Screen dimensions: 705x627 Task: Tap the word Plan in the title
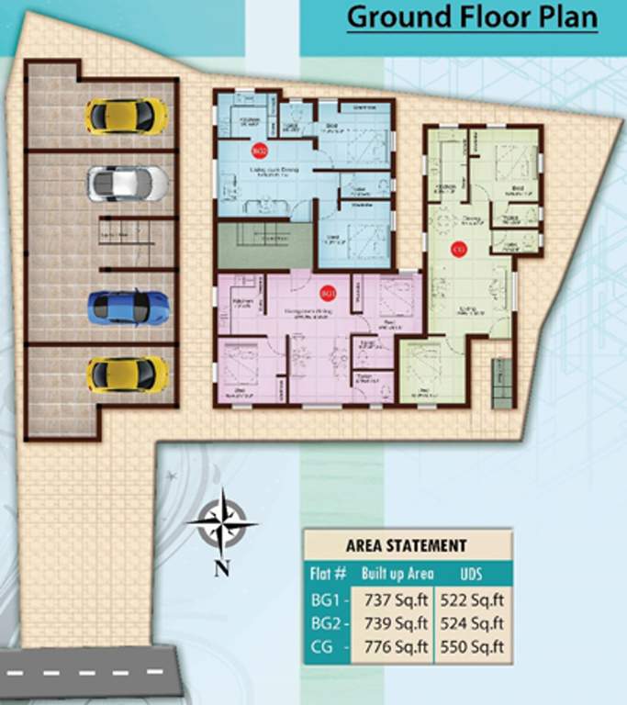tap(568, 17)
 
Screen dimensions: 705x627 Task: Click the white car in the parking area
tap(128, 183)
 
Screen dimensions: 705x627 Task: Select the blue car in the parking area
tap(129, 308)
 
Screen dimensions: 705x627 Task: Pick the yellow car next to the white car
tap(127, 116)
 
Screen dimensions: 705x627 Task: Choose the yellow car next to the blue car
tap(128, 375)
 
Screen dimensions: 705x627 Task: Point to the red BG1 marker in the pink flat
tap(327, 293)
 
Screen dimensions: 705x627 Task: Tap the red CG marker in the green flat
tap(458, 248)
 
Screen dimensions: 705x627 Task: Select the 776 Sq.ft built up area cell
tap(397, 647)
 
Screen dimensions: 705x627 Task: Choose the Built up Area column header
tap(396, 575)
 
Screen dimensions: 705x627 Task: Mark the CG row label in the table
tap(328, 647)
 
